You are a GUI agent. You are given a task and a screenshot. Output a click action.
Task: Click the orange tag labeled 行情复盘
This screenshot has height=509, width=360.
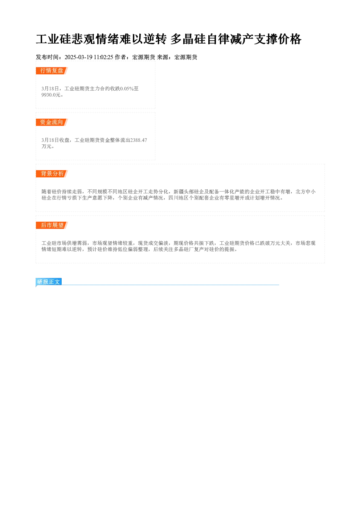coord(52,71)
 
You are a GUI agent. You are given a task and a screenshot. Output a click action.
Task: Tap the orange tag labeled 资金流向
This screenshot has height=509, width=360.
coord(52,122)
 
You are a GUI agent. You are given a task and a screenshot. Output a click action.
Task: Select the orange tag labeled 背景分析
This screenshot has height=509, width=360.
coord(52,174)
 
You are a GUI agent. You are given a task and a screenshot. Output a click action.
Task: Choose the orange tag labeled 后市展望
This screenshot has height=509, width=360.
coord(52,225)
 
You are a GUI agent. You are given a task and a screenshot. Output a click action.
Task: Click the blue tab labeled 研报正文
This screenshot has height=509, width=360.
coord(49,282)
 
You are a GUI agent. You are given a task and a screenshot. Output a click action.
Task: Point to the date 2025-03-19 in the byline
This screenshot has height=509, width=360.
coord(78,57)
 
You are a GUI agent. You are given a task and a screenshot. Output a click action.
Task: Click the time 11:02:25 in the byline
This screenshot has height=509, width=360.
coord(103,57)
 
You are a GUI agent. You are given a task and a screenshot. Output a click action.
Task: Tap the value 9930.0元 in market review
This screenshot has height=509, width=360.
coord(51,95)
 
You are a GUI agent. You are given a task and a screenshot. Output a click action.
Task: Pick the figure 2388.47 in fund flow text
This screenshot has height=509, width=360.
coord(138,140)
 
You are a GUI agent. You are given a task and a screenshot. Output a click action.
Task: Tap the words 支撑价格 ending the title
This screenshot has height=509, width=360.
coord(278,39)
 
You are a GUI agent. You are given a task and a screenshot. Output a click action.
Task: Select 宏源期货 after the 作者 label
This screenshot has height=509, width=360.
coord(144,57)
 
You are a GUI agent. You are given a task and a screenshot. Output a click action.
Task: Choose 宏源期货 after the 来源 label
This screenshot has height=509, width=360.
coord(186,57)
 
